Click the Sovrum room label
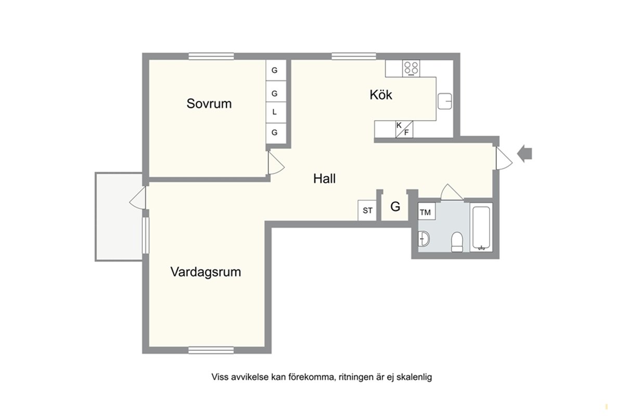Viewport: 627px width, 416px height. click(209, 104)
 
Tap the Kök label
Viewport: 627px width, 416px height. click(381, 95)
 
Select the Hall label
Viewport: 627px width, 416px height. click(324, 178)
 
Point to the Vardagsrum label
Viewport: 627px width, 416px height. click(206, 272)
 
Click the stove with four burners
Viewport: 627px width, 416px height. click(411, 68)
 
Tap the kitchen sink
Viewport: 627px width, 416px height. click(445, 101)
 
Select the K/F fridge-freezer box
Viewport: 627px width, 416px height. click(404, 129)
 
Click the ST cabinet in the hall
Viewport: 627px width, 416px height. click(367, 211)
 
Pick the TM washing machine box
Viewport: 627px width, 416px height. click(427, 212)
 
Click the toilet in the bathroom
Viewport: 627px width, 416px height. click(457, 242)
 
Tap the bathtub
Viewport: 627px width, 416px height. click(481, 228)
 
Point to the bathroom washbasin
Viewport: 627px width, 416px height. click(424, 239)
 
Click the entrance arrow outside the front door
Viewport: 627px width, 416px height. click(524, 154)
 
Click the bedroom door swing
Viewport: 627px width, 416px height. click(276, 163)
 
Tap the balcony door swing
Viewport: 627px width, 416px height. click(137, 198)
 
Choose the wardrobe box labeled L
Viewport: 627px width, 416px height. click(276, 112)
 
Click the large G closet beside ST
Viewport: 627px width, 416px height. click(395, 206)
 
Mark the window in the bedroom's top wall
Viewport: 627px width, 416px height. click(211, 56)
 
